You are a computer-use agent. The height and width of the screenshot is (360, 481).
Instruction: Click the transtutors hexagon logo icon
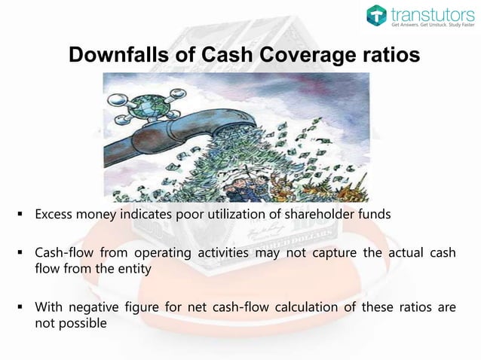(377, 15)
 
